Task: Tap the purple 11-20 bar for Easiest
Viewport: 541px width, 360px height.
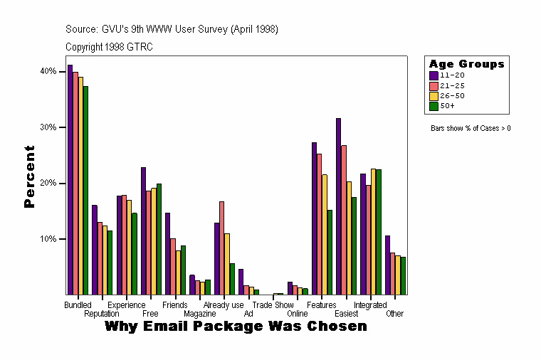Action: pos(339,206)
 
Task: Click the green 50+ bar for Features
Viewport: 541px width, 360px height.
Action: pos(330,252)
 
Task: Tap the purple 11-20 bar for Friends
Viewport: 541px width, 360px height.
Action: pos(167,253)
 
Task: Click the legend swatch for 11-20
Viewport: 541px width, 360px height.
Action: pos(434,75)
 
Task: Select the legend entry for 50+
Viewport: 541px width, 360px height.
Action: pos(447,106)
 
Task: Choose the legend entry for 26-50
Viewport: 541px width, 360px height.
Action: pos(452,95)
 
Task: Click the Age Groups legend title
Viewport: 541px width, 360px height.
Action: pos(466,64)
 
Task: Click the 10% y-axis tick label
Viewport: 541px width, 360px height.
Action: pos(48,239)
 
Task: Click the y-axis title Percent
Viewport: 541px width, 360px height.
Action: pos(29,176)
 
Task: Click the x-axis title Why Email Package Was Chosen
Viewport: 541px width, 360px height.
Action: pos(236,327)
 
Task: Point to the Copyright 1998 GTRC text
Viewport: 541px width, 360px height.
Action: pos(109,47)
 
